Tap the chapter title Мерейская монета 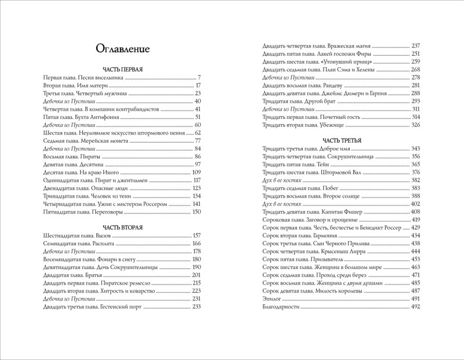(x=107, y=141)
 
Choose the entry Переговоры (x=103, y=212)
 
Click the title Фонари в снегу (x=115, y=251)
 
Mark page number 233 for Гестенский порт (x=195, y=307)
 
